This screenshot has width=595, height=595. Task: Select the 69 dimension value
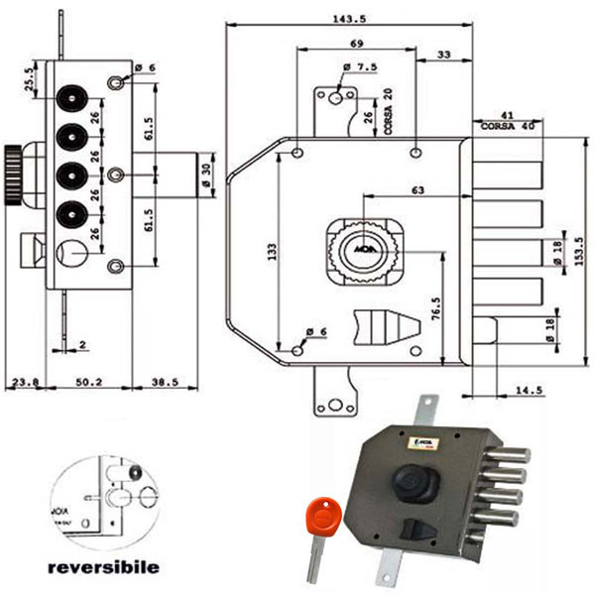pos(356,46)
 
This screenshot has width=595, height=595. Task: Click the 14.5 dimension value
pos(530,390)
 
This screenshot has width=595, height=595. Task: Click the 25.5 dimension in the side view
pos(29,78)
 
